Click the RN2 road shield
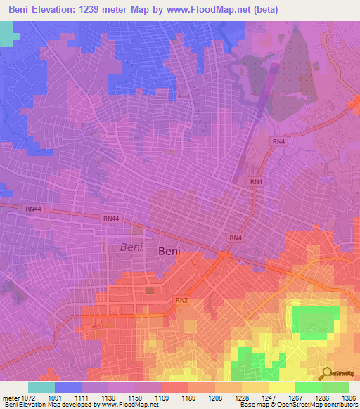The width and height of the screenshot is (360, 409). pos(181,301)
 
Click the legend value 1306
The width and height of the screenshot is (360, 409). pos(347,398)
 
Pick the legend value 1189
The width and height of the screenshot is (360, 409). pos(201,398)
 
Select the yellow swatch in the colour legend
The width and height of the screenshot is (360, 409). pos(281,387)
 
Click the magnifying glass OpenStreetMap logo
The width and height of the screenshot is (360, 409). pos(328,373)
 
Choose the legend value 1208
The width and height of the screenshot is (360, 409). pos(227,398)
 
